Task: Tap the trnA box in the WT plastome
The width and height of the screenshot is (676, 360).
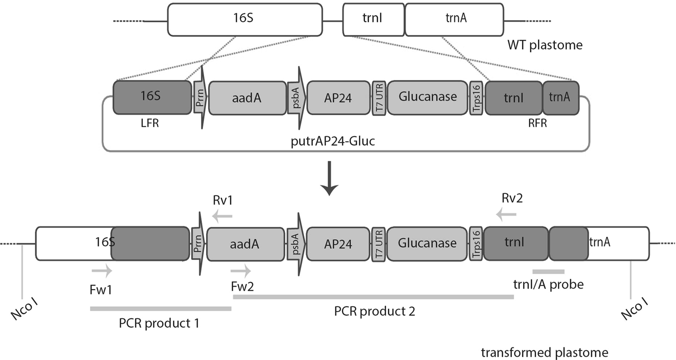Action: click(453, 20)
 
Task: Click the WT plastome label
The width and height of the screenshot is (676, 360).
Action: click(545, 45)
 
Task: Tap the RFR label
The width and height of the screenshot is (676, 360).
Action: click(534, 122)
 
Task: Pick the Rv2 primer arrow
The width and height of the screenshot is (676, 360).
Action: click(506, 215)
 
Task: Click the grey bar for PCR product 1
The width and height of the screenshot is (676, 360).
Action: click(160, 308)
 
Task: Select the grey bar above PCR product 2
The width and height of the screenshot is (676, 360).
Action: click(373, 297)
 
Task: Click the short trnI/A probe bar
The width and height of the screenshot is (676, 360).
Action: click(548, 272)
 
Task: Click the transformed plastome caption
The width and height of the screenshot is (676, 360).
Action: click(544, 352)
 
